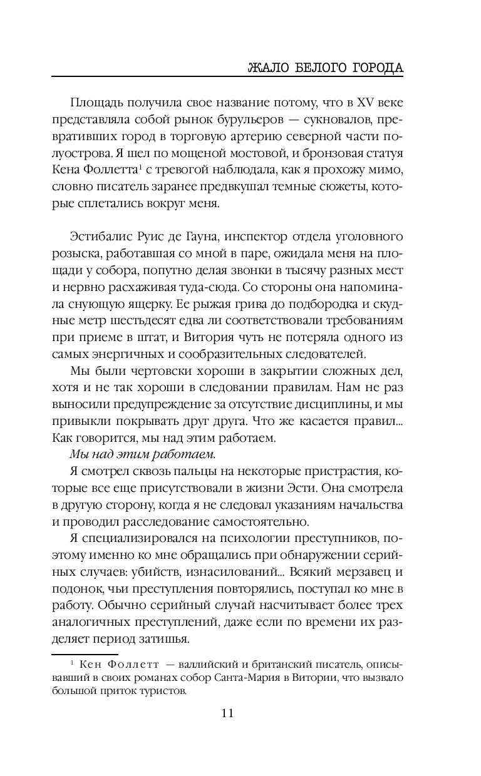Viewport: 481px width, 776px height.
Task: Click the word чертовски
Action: (143, 370)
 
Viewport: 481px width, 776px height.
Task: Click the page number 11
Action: (227, 713)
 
